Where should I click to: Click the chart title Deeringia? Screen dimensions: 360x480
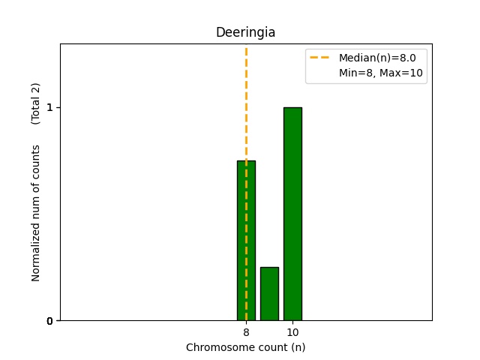point(245,32)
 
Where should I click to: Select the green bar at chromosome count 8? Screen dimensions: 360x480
point(246,240)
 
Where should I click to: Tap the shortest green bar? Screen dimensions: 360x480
point(269,293)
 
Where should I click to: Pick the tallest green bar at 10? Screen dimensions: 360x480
point(292,214)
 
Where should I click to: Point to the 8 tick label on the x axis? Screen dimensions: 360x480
point(246,332)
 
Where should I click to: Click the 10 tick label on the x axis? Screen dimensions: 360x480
point(292,332)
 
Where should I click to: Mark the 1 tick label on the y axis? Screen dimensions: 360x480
point(49,107)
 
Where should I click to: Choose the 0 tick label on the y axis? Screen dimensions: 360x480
point(49,321)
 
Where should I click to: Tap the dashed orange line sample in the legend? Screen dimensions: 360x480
point(321,58)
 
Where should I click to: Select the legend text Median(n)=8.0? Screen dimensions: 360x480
point(377,58)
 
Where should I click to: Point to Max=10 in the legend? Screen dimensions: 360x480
point(403,73)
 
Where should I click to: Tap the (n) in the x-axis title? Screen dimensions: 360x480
point(298,347)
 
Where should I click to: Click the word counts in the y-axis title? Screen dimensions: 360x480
point(36,161)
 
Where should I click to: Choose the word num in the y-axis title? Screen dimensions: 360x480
point(36,199)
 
